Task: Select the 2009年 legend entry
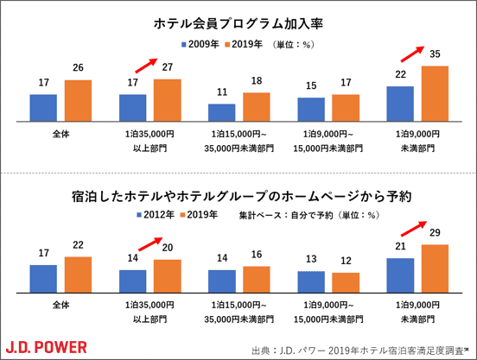(x=200, y=43)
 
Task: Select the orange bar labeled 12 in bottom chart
(x=346, y=283)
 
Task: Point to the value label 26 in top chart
(x=78, y=69)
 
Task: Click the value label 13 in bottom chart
(x=310, y=257)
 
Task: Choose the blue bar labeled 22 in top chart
(x=400, y=105)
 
